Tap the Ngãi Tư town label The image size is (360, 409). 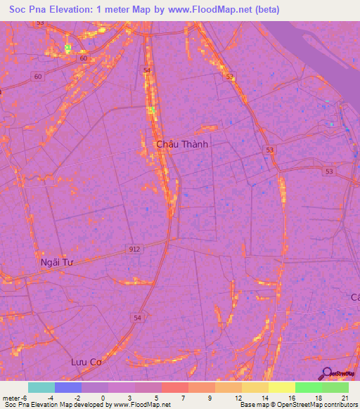coord(56,262)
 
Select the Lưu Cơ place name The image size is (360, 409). coord(87,362)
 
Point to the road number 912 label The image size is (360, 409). coord(134,249)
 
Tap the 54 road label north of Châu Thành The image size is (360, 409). coord(146,71)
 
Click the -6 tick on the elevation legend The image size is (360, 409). coord(25,397)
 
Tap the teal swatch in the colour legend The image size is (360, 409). coord(41,387)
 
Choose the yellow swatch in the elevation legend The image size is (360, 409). coord(281,387)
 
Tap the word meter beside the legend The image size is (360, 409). coord(11,397)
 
